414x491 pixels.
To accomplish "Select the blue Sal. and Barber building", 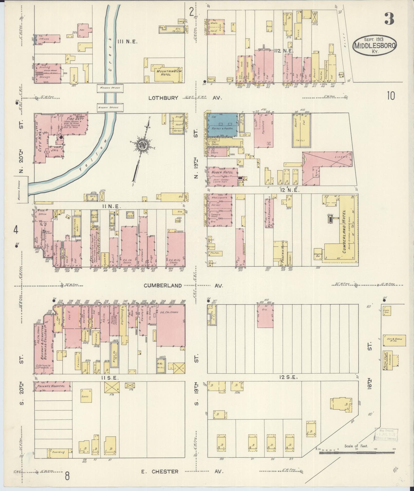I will point(222,125).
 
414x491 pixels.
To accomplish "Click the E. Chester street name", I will point(160,471).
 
